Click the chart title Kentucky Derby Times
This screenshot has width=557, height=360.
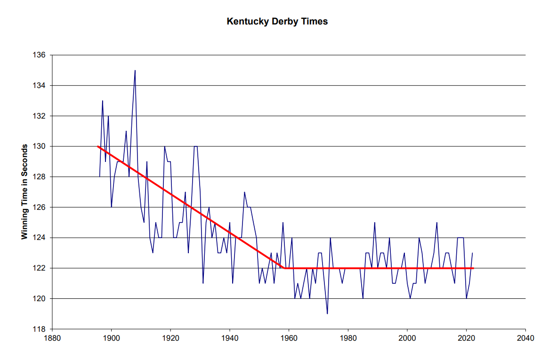[277, 22]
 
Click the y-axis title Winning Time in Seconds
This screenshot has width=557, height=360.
[24, 192]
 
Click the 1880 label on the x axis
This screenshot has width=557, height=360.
[52, 338]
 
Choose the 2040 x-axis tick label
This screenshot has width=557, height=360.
[525, 338]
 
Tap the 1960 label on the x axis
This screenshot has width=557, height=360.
[289, 338]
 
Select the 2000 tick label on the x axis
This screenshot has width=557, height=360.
[407, 338]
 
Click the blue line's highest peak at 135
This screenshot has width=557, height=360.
[135, 71]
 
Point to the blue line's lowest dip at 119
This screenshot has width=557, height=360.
[327, 313]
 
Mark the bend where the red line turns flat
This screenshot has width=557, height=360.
[284, 268]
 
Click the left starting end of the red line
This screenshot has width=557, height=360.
[98, 146]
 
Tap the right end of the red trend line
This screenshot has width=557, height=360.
[473, 268]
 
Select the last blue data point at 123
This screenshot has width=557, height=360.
[472, 253]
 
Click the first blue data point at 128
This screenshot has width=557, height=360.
[99, 176]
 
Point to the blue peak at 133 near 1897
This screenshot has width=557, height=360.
[103, 101]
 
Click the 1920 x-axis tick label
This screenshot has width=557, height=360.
[170, 338]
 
